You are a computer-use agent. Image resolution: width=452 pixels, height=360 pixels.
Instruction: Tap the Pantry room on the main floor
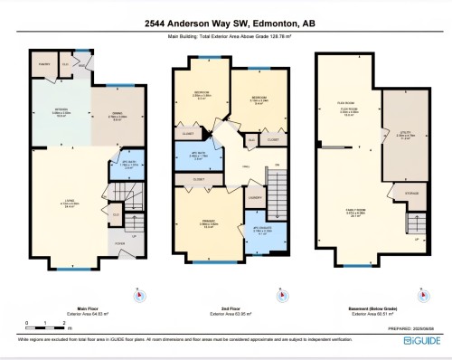point(42,65)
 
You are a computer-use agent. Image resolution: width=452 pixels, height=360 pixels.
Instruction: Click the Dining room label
point(108,115)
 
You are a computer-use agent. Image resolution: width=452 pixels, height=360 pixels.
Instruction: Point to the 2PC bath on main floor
point(108,164)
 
